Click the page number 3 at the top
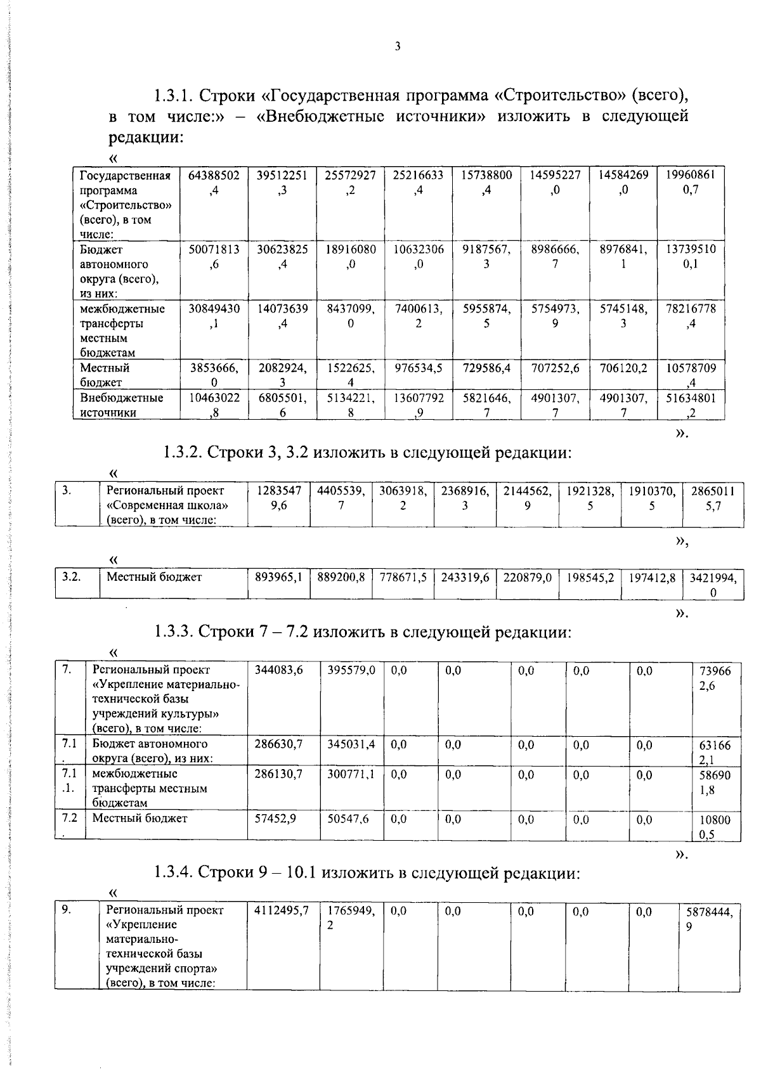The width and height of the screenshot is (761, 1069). [398, 46]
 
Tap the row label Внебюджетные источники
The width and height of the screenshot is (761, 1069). [121, 405]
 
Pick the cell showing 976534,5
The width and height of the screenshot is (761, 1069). [418, 368]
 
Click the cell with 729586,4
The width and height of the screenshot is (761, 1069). [486, 368]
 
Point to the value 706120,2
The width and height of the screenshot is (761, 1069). [623, 368]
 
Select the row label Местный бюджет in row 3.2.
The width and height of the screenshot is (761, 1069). [154, 577]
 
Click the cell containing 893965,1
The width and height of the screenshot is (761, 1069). [278, 577]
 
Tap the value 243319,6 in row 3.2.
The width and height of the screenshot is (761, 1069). [465, 577]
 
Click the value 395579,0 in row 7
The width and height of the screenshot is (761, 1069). [351, 670]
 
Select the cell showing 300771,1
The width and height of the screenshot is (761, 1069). [351, 774]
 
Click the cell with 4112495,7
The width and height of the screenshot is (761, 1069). [281, 910]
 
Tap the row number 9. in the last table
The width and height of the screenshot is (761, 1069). [66, 910]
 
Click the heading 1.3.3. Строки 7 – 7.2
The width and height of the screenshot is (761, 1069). [363, 632]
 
